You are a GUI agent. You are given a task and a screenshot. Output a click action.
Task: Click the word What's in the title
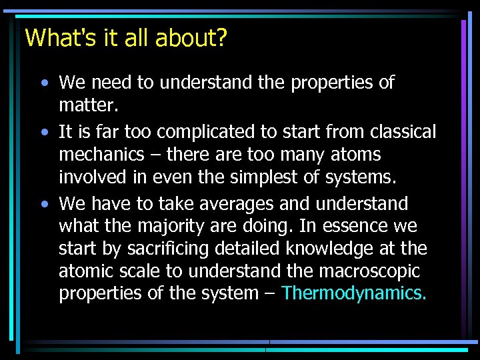(x=55, y=37)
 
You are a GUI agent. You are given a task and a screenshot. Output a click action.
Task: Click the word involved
(x=90, y=178)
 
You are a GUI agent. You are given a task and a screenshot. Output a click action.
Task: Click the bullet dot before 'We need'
(x=43, y=83)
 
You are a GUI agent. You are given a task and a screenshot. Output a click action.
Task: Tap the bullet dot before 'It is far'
(x=43, y=132)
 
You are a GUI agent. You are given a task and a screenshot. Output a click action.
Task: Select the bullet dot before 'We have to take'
(x=43, y=203)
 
